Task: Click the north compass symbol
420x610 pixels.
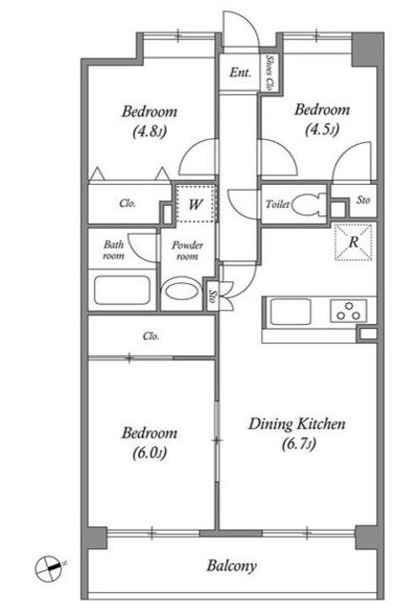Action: coord(50,568)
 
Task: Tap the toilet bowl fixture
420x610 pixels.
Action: coord(310,205)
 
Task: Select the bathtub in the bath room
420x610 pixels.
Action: coord(122,290)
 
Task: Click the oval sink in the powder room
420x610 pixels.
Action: coord(182,291)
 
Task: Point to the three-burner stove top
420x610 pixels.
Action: coord(349,310)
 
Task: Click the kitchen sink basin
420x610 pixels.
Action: coord(290,312)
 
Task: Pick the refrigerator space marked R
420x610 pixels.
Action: coord(353,242)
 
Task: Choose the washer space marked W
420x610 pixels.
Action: coord(195,204)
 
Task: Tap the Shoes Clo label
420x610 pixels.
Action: coord(269,72)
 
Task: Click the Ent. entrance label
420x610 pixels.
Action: coord(240,72)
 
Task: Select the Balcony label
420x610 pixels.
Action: coord(231,565)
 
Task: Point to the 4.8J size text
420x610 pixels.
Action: coord(150,132)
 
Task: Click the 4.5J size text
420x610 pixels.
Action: coord(323,129)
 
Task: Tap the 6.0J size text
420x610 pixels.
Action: coord(150,453)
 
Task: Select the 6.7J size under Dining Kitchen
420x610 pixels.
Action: coord(299,443)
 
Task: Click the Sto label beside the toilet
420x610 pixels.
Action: coord(363,200)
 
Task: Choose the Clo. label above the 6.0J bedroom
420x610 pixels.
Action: coord(150,335)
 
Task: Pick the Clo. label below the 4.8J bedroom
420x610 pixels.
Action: coord(128,203)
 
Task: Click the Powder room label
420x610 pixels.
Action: coord(188,251)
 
